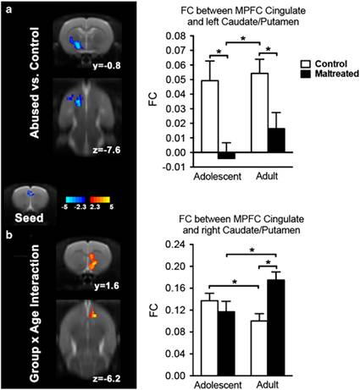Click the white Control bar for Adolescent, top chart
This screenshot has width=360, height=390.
point(210,116)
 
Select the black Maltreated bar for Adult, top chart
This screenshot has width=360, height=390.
point(276,140)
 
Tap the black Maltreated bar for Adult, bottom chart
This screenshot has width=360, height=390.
point(276,327)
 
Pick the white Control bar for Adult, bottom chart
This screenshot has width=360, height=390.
point(259,348)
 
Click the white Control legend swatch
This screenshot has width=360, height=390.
point(306,64)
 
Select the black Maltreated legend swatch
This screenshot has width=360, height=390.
point(306,74)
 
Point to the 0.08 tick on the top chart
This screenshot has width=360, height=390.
point(192,36)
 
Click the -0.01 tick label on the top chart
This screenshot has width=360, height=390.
point(175,167)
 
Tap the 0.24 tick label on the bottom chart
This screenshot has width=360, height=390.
point(175,244)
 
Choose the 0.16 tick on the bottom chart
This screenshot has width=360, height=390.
point(191,288)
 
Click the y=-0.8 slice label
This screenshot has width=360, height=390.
point(107,65)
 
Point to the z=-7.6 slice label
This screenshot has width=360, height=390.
point(107,150)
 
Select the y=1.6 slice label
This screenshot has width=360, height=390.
point(107,286)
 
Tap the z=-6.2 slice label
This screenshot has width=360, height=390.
point(107,378)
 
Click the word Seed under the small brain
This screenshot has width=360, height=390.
point(30,217)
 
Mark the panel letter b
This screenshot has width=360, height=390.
point(9,234)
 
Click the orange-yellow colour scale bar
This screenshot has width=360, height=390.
point(100,200)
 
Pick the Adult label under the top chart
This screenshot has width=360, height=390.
point(267,176)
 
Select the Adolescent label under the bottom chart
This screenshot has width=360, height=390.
point(218,385)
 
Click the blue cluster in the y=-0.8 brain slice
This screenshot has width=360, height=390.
point(75,43)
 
